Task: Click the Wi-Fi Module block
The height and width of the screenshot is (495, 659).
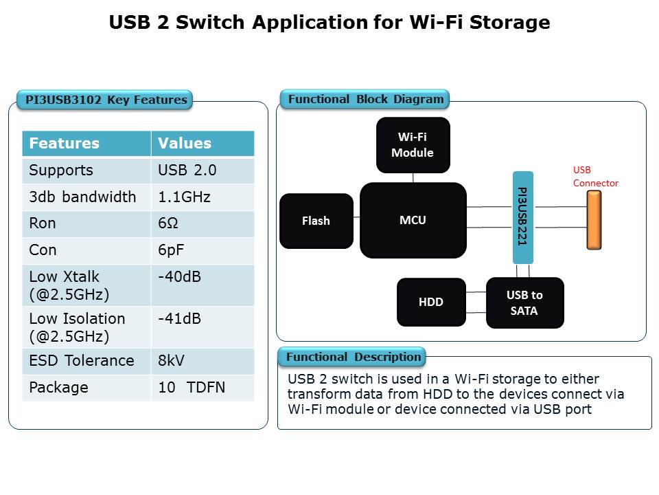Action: coord(413,144)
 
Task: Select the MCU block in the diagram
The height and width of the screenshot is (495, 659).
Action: coord(413,220)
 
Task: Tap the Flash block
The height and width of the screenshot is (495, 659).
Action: coord(316,221)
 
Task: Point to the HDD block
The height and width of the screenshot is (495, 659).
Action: coord(431,302)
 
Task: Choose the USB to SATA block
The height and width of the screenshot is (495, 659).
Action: coord(524,302)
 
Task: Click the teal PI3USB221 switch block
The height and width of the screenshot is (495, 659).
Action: coord(522,216)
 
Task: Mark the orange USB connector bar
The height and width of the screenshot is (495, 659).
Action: coord(594,220)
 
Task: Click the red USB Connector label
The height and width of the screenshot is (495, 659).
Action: coord(595,177)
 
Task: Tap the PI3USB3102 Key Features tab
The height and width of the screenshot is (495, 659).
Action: coord(106,100)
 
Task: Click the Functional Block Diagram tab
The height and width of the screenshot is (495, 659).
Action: coord(365,99)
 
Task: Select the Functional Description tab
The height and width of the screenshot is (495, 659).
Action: coord(353,357)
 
